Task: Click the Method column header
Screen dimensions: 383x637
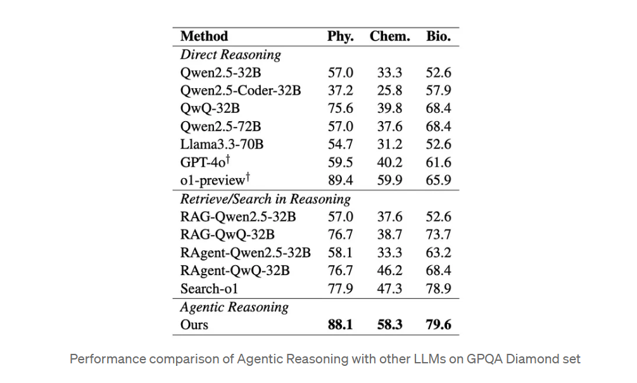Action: tap(204, 36)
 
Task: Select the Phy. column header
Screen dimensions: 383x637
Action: tap(340, 36)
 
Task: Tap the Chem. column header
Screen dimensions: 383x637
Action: tap(389, 36)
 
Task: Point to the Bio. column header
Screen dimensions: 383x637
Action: tap(438, 36)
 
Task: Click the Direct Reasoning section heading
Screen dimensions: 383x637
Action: tap(230, 55)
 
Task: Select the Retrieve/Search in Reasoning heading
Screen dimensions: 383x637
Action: tap(265, 199)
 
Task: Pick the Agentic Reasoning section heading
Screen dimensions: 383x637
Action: tap(234, 307)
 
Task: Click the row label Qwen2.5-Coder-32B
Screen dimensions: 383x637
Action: tap(241, 91)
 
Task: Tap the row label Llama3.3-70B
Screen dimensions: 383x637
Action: tap(222, 145)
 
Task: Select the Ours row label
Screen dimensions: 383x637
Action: tap(194, 325)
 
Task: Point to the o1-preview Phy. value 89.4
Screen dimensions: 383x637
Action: tap(340, 181)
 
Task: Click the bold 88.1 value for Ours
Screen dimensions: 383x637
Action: tap(340, 325)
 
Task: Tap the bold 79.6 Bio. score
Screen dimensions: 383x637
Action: tap(438, 325)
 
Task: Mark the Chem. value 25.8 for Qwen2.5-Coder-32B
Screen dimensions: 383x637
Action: tap(389, 91)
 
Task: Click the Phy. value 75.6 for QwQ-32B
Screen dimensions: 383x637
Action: tap(340, 108)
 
